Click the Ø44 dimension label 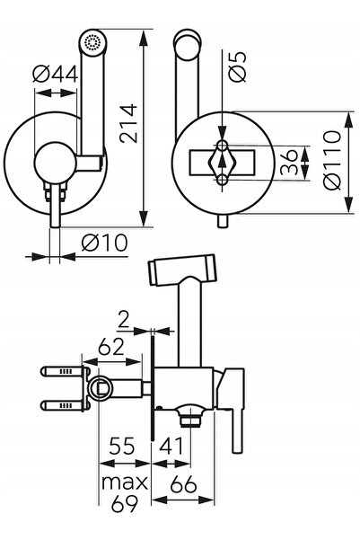(55, 74)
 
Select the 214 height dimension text (128, 123)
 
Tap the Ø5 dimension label (238, 66)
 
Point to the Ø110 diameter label (332, 160)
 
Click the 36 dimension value (289, 162)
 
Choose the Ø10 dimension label (105, 243)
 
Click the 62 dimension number (110, 347)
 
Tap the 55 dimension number (121, 446)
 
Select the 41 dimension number (171, 446)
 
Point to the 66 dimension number (183, 484)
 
